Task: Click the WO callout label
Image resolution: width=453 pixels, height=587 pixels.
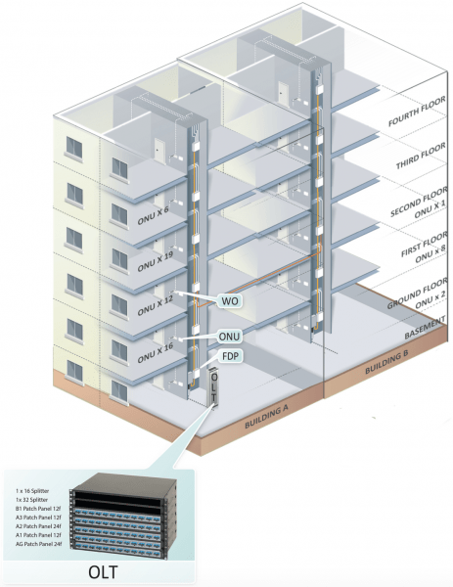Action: pyautogui.click(x=230, y=301)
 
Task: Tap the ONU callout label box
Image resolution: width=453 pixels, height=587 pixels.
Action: pyautogui.click(x=229, y=337)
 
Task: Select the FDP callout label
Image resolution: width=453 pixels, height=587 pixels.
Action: pyautogui.click(x=230, y=356)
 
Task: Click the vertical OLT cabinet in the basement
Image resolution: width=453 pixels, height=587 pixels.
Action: pyautogui.click(x=214, y=387)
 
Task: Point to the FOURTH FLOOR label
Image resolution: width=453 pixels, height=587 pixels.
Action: pyautogui.click(x=417, y=112)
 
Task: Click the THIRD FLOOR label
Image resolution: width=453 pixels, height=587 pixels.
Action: pyautogui.click(x=421, y=156)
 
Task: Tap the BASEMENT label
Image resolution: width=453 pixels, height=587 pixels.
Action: pyautogui.click(x=426, y=328)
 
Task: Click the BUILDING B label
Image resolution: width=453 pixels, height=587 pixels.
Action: pyautogui.click(x=386, y=362)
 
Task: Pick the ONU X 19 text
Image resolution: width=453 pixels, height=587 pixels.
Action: pyautogui.click(x=155, y=261)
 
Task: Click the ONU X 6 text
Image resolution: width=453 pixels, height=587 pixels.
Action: pyautogui.click(x=153, y=216)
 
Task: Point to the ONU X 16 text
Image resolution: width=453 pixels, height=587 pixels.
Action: pyautogui.click(x=155, y=353)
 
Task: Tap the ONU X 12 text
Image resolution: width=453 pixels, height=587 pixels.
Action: pyautogui.click(x=155, y=306)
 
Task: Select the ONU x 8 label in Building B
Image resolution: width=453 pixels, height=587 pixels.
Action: pyautogui.click(x=430, y=254)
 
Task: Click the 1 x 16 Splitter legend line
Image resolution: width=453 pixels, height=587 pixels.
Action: pyautogui.click(x=32, y=491)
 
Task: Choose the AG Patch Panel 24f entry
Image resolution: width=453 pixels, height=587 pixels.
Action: pyautogui.click(x=39, y=544)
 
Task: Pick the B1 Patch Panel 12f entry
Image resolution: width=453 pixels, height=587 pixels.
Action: pyautogui.click(x=38, y=509)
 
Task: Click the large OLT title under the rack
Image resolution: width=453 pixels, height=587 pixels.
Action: pyautogui.click(x=103, y=572)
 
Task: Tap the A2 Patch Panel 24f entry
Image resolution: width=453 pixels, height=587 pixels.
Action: pyautogui.click(x=38, y=526)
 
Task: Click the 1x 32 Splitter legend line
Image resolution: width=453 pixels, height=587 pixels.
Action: pyautogui.click(x=32, y=500)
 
